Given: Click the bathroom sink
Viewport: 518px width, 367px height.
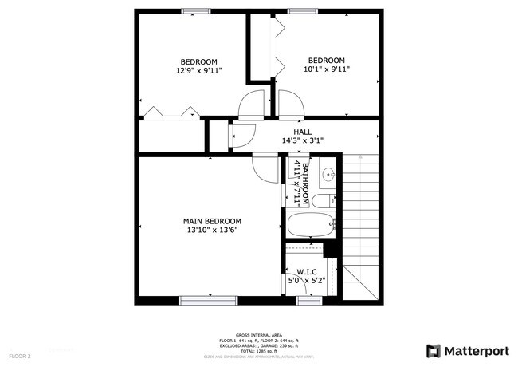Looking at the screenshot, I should pos(328,172).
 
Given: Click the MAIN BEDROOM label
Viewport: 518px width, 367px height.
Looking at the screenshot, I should pos(212,221).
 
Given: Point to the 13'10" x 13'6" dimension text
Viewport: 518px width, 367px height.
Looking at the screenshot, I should pos(212,231).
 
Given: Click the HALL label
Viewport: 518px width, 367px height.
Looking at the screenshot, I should pos(302,132).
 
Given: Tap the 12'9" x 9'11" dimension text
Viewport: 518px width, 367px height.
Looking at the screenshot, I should pos(198,71).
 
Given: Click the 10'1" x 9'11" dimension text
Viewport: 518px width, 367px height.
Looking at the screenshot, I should pos(327,69).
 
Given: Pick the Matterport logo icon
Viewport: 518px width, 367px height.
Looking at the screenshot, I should pos(434,350).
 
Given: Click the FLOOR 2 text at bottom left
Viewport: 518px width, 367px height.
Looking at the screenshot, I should pos(20,356).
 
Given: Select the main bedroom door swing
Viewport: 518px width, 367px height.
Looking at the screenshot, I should pos(261,165).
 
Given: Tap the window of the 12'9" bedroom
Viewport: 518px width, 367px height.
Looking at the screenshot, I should pos(196,10).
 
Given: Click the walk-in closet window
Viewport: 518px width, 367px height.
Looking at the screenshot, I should pos(308,300).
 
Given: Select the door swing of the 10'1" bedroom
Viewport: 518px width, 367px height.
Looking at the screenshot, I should pos(289,102).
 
